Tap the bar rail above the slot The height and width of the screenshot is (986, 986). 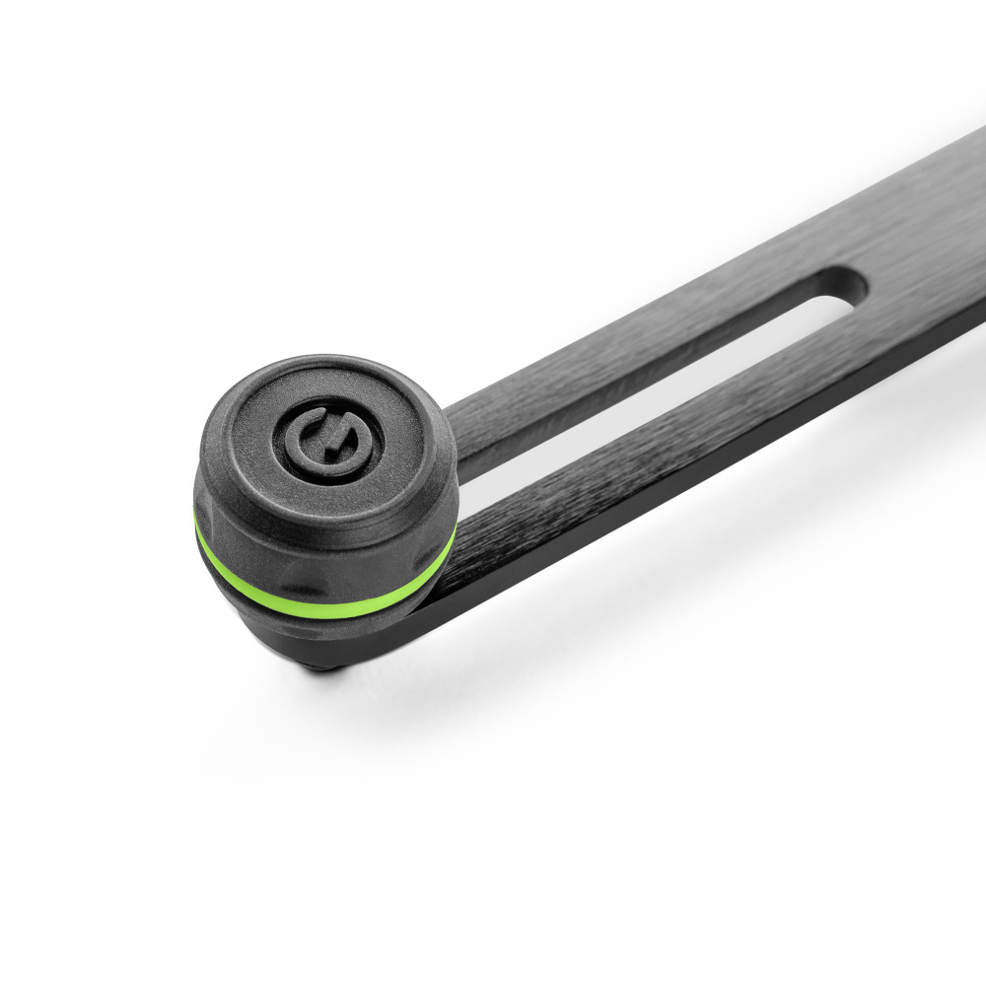click(641, 325)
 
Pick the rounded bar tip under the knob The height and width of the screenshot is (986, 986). click(414, 631)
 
